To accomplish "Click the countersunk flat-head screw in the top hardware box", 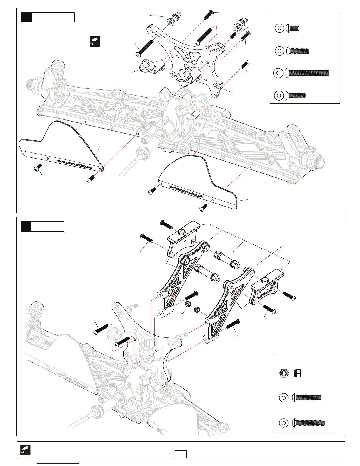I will [295, 95].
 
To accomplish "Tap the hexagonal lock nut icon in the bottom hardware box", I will [284, 374].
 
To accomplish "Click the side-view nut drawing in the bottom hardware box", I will [297, 374].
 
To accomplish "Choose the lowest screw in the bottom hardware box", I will [309, 423].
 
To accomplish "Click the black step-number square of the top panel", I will [26, 17].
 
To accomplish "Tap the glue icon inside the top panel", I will [94, 41].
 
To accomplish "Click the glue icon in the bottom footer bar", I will [25, 450].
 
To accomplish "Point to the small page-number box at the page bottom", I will [181, 454].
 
